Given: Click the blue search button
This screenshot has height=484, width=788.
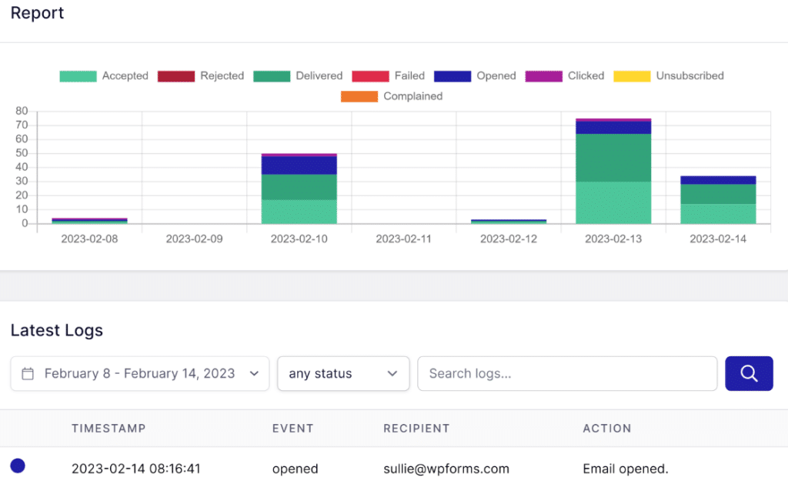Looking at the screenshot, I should click(749, 373).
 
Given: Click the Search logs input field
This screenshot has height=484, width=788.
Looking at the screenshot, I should click(566, 373).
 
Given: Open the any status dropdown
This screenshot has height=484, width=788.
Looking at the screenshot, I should click(343, 373).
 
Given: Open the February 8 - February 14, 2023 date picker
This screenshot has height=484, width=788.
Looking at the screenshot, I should click(139, 373).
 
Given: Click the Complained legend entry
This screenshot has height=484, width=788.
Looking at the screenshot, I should click(392, 96).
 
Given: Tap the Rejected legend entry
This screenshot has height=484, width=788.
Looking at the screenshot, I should click(201, 75).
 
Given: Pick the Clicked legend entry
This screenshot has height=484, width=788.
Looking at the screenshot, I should click(565, 75).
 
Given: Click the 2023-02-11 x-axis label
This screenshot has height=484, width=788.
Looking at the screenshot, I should click(404, 239).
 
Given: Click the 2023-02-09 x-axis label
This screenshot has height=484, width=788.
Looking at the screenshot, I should click(194, 239).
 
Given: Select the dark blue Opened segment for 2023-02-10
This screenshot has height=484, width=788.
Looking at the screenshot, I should click(299, 165).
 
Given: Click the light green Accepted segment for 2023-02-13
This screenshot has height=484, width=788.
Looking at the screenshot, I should click(613, 202).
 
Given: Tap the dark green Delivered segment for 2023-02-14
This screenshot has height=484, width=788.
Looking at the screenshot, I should click(718, 194).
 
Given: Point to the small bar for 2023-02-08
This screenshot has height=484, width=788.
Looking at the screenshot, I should click(89, 221).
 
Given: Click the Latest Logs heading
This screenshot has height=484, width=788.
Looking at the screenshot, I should click(57, 330).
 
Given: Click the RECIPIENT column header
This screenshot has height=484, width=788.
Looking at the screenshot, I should click(416, 429).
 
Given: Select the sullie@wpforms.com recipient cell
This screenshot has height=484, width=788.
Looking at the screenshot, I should click(446, 469).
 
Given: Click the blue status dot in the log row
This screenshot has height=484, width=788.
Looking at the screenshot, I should click(18, 466).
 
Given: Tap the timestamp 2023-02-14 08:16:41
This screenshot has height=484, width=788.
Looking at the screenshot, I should click(136, 469).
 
